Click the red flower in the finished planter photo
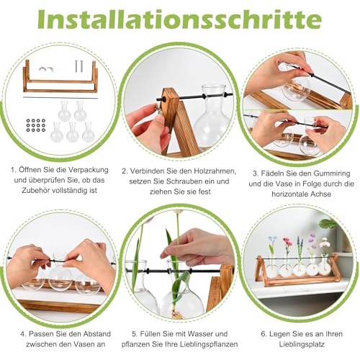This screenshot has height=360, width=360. (287, 242)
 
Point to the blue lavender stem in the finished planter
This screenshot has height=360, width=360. (299, 247)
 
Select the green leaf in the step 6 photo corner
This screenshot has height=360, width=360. (328, 224)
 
